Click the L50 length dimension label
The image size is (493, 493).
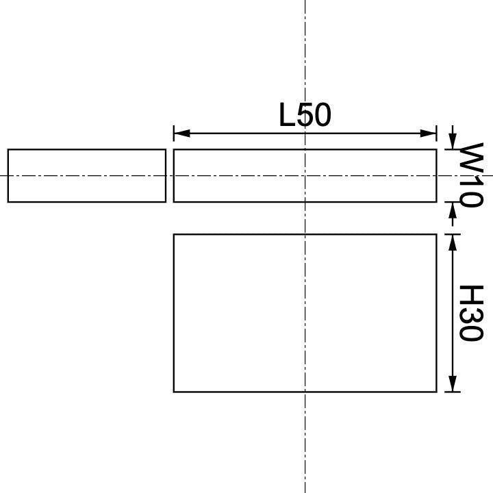tap(305, 115)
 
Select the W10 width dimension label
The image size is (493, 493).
tap(471, 175)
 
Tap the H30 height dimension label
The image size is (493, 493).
tap(471, 313)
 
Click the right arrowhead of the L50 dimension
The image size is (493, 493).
tap(429, 133)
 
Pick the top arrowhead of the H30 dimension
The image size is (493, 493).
tap(452, 242)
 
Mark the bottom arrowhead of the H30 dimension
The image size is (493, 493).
tap(452, 384)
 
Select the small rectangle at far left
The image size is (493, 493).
tap(87, 175)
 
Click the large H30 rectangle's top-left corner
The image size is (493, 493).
tap(174, 234)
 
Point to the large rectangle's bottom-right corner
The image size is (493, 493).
tap(436, 392)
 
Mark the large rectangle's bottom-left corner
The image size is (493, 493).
tap(174, 392)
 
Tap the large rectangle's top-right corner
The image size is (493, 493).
tap(436, 234)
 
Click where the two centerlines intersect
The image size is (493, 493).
tap(305, 175)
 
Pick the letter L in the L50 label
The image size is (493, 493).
tap(288, 115)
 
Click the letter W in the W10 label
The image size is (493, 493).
tap(471, 156)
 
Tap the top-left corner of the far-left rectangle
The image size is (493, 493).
tap(8, 149)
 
